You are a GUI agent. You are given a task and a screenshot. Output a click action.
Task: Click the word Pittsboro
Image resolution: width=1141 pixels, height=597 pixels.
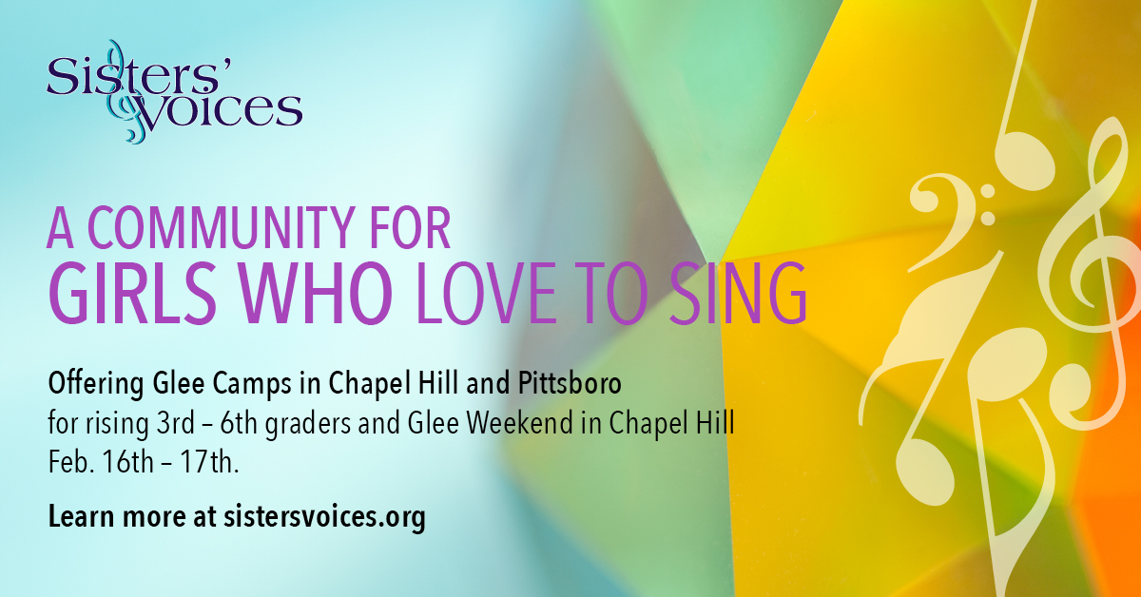pyautogui.click(x=570, y=383)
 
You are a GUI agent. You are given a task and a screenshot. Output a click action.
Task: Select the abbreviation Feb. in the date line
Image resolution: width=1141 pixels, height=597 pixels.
pyautogui.click(x=70, y=463)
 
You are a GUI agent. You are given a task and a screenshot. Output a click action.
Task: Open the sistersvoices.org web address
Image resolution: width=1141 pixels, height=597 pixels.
pyautogui.click(x=324, y=517)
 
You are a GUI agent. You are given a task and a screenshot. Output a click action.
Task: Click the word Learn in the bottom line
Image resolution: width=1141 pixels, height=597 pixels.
pyautogui.click(x=81, y=515)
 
